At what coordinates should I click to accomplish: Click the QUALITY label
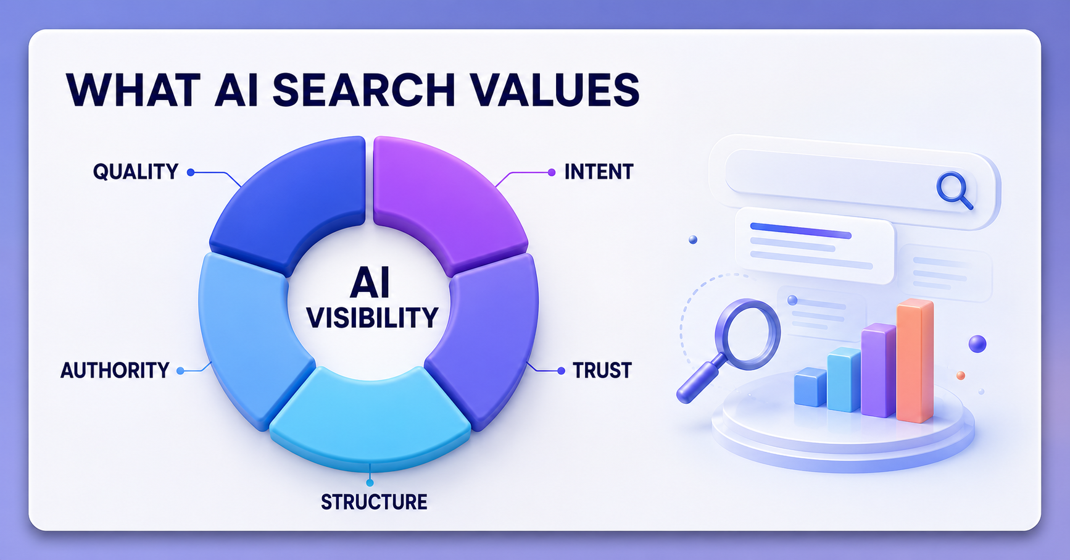coord(136,172)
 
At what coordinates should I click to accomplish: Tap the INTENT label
coord(599,172)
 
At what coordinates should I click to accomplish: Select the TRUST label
coord(602,370)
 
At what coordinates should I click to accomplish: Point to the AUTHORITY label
coord(115,370)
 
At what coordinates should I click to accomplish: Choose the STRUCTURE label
coord(374,502)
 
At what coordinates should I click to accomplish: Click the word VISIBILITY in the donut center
coord(372,318)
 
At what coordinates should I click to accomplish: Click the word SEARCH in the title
coord(363,90)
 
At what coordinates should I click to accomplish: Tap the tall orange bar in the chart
coord(914,361)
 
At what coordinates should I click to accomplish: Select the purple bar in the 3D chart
coord(878,370)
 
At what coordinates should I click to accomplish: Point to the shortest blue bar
coord(810,387)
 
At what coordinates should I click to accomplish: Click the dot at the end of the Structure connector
coord(370,482)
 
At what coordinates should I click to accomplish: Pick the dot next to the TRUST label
coord(561,370)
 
